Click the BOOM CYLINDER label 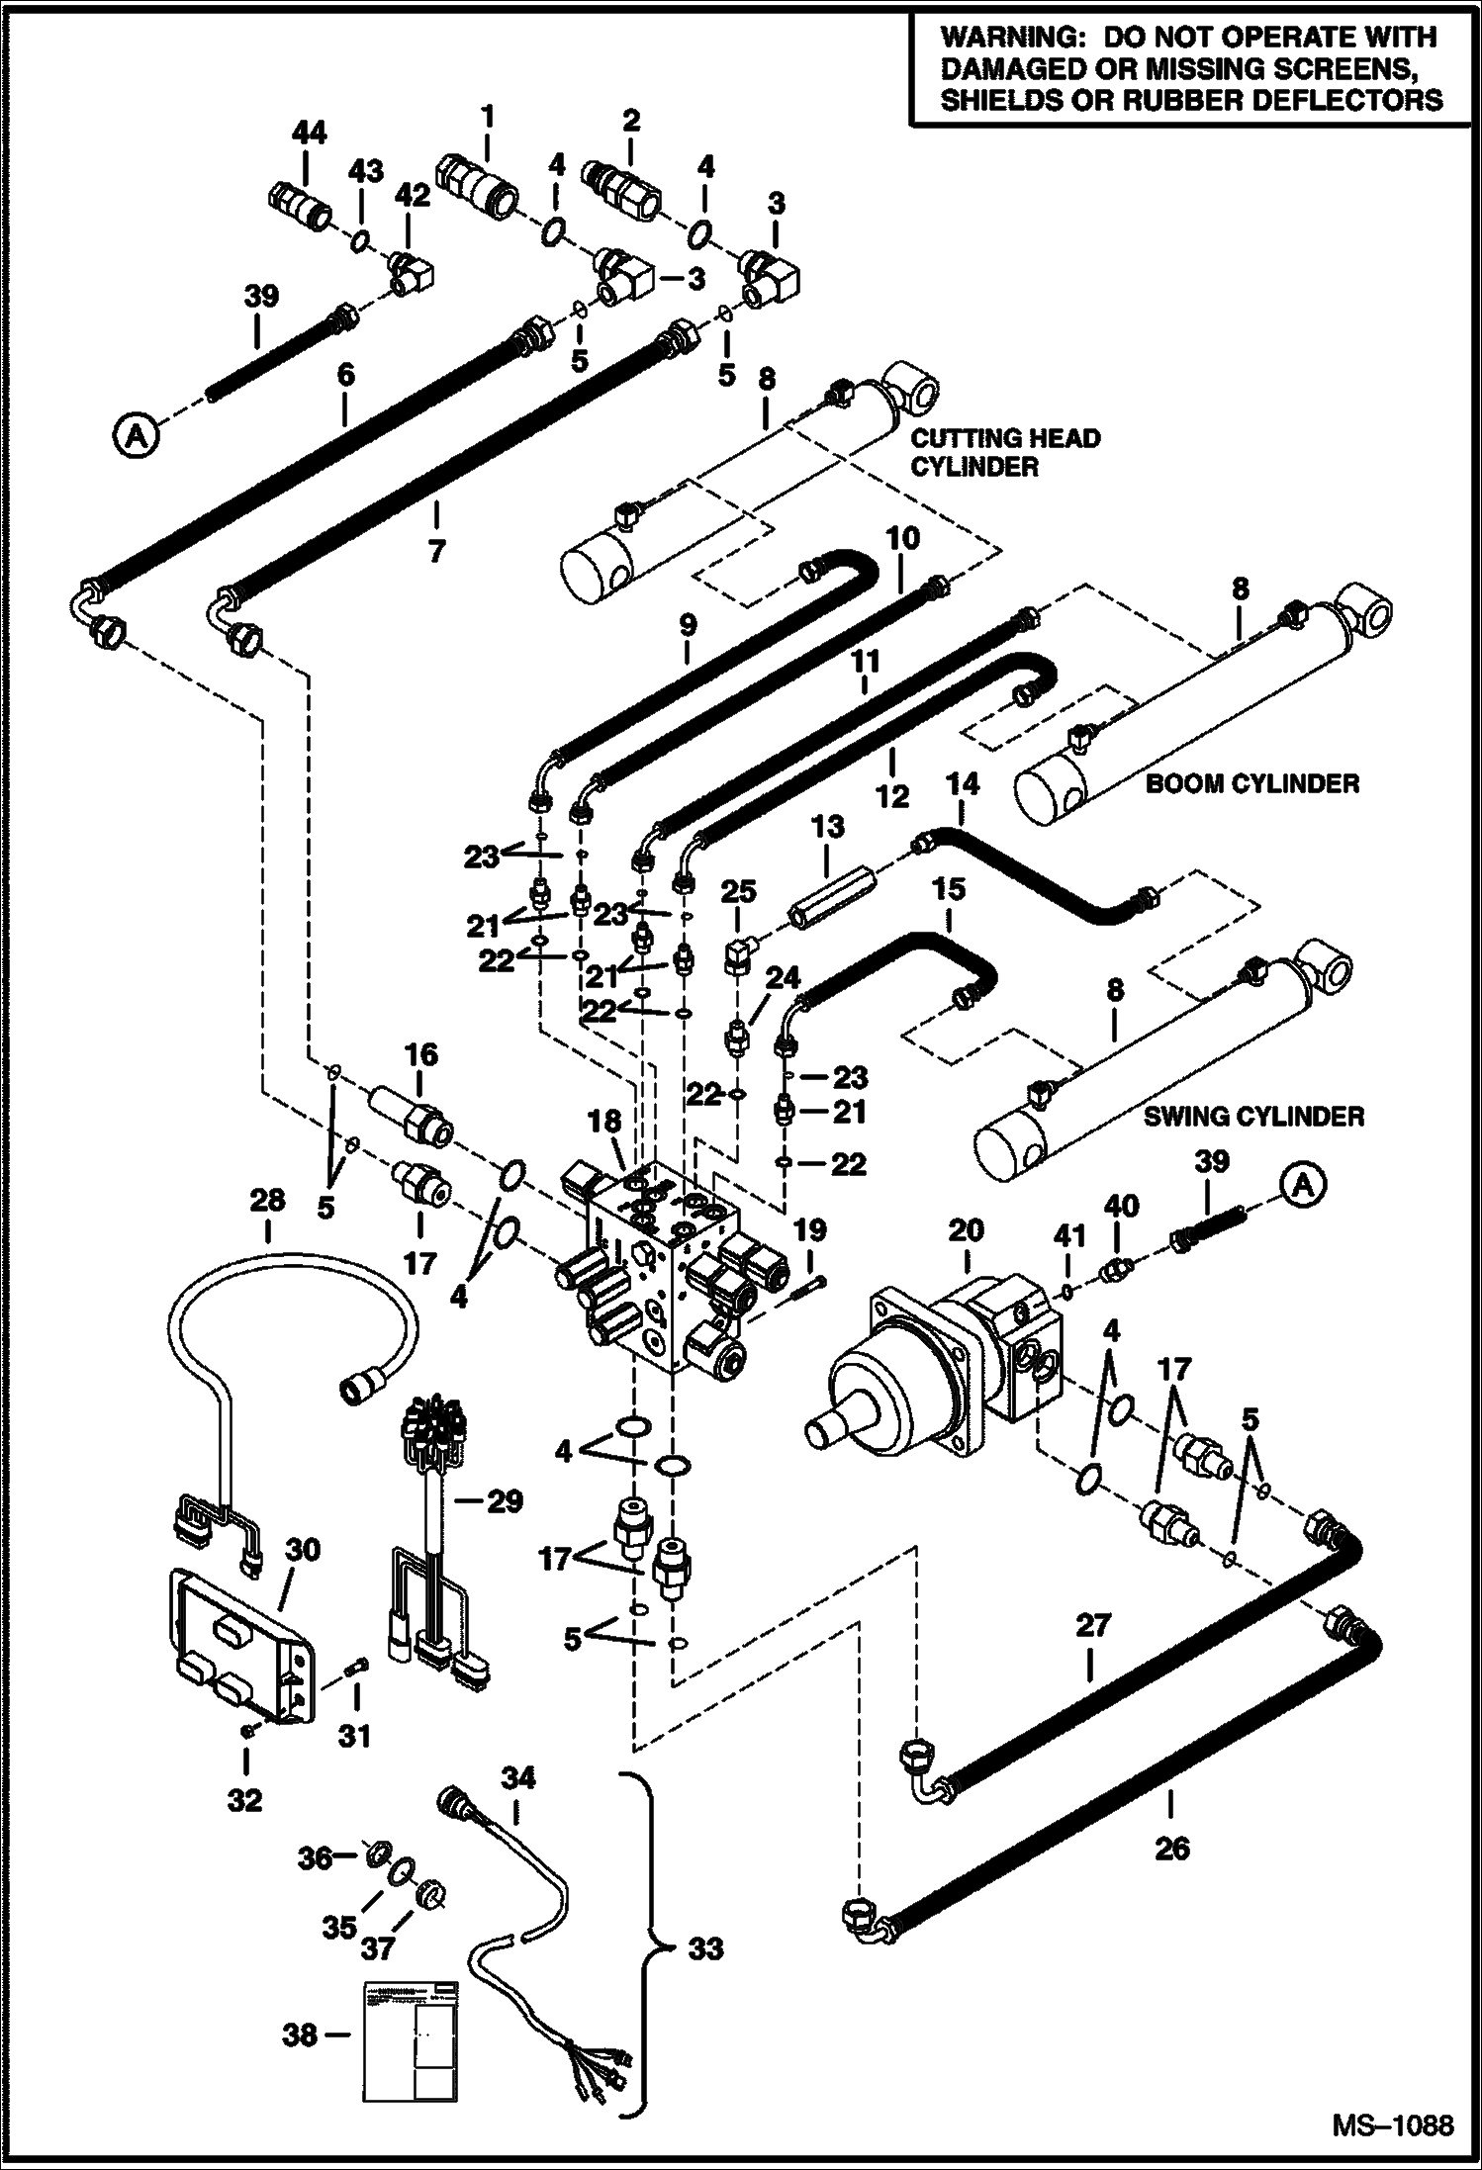tap(1251, 784)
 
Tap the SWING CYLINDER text tap(1253, 1117)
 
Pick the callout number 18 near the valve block tap(604, 1122)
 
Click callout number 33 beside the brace tap(705, 1948)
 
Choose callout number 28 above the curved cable tap(267, 1201)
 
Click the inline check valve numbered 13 tap(828, 893)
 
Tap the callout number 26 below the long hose tap(1172, 1847)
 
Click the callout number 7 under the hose tap(436, 550)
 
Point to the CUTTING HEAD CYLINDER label tap(1004, 452)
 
